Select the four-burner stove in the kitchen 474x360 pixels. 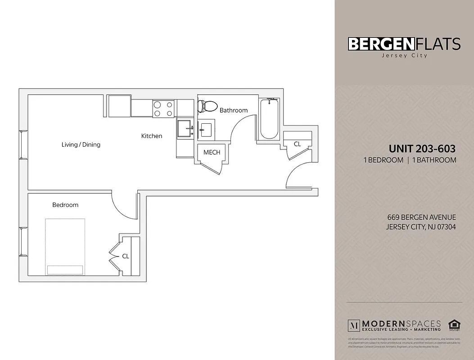(164, 108)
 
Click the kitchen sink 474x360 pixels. (185, 128)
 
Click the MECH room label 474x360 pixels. (212, 152)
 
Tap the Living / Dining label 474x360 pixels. (81, 144)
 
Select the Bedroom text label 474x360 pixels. (65, 205)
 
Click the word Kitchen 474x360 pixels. (152, 136)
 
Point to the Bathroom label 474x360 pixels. (234, 110)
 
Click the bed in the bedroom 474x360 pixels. (65, 246)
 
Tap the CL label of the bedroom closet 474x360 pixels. (126, 256)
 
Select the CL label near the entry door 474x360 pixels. (297, 144)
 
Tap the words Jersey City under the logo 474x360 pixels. (404, 56)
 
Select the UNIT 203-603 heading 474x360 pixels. (422, 149)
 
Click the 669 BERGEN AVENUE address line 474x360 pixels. (421, 217)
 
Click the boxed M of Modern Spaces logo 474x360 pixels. (354, 325)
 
